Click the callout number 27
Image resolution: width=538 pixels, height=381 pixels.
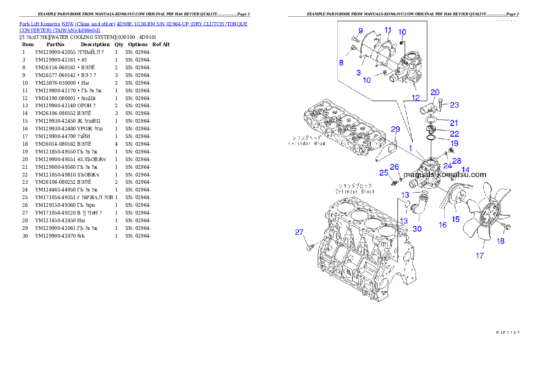[x=299, y=233]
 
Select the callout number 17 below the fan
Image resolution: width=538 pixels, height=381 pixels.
[x=479, y=256]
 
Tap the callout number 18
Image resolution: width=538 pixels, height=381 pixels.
[x=500, y=241]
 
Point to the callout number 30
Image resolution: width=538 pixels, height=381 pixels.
[x=417, y=229]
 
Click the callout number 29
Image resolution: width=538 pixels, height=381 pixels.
[x=395, y=129]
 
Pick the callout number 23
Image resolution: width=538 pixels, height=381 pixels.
[x=454, y=105]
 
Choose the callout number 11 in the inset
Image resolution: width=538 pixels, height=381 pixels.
[x=388, y=30]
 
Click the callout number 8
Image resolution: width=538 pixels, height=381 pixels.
[x=341, y=62]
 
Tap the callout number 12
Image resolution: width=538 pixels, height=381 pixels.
[x=415, y=97]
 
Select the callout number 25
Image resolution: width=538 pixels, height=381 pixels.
[x=383, y=172]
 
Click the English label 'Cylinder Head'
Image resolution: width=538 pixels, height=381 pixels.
[x=307, y=143]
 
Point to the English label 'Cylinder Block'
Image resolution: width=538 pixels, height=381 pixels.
[x=355, y=191]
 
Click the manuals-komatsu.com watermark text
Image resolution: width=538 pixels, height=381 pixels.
[x=445, y=174]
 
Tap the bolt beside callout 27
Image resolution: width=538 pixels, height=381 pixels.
[x=309, y=248]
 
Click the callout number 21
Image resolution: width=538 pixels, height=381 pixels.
[x=454, y=123]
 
